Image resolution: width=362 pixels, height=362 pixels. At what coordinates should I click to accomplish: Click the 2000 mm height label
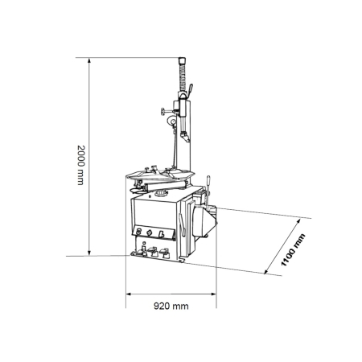click(x=80, y=165)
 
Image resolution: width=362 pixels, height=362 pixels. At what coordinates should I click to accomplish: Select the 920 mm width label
click(x=171, y=306)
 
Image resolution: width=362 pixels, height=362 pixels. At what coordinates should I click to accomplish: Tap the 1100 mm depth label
click(x=293, y=250)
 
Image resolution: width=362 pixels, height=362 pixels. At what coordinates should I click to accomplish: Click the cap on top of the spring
click(x=182, y=60)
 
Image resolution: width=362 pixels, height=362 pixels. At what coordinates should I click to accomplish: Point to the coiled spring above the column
click(x=183, y=77)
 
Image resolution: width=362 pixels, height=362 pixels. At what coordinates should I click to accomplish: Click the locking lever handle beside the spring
click(x=190, y=90)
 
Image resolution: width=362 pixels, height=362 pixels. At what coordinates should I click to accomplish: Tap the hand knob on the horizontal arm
click(x=162, y=111)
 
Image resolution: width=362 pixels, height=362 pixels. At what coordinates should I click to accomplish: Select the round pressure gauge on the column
click(x=171, y=120)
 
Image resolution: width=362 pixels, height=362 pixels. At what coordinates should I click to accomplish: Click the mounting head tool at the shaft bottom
click(x=185, y=136)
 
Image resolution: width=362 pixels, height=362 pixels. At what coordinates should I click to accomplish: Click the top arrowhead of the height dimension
click(x=89, y=60)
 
